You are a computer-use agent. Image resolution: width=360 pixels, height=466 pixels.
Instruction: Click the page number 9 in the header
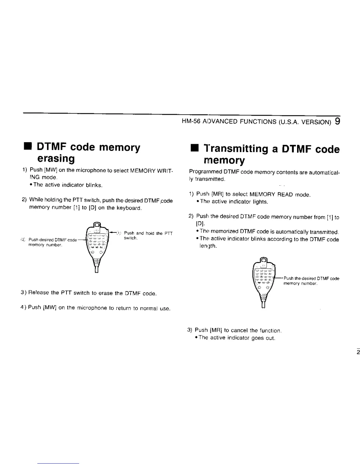[337, 121]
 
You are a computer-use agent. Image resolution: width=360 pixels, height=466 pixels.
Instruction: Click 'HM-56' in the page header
[189, 122]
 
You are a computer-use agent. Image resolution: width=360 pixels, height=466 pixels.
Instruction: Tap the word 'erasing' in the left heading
[56, 159]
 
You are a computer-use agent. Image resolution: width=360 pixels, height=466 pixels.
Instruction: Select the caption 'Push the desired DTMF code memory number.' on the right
[311, 281]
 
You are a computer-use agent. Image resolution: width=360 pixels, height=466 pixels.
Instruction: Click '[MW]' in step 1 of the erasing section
[51, 171]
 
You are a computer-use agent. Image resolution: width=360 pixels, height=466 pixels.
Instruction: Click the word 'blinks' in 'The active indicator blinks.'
[94, 185]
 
